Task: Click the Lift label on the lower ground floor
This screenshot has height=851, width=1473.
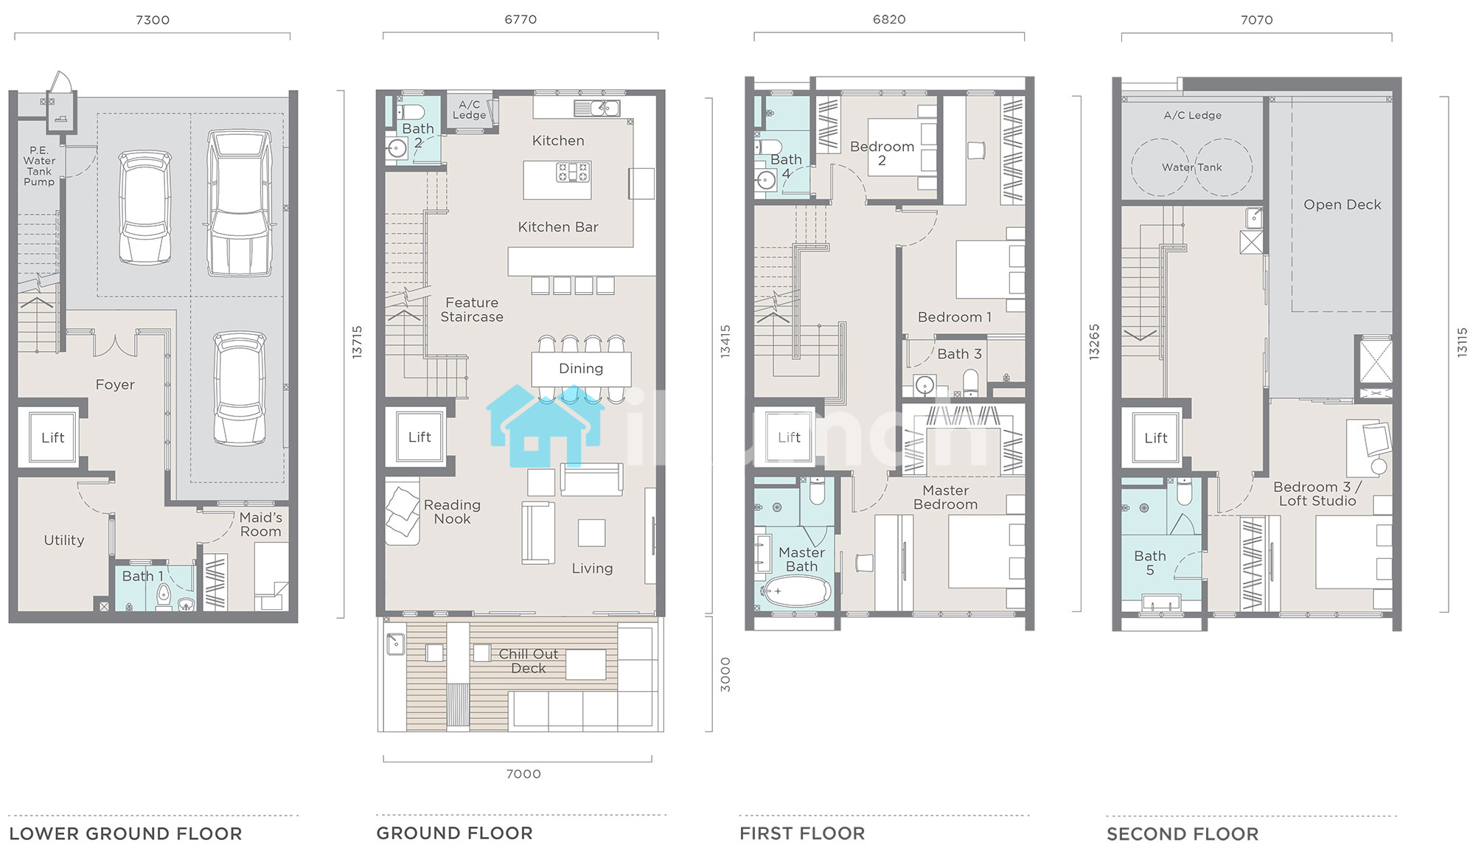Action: (x=53, y=437)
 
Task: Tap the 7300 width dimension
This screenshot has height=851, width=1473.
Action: (x=153, y=20)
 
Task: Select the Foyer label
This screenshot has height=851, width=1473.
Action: (x=115, y=384)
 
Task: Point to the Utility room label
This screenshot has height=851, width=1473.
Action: (x=64, y=540)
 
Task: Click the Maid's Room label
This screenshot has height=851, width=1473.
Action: (x=261, y=524)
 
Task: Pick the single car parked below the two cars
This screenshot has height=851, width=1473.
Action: (x=240, y=389)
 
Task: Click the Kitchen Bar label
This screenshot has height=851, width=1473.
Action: (x=558, y=227)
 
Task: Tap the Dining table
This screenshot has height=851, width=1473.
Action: (x=581, y=369)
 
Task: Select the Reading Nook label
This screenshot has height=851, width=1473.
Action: (x=452, y=512)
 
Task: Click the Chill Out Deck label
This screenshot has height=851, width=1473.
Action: (x=529, y=661)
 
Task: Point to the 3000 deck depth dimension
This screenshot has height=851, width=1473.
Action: (x=725, y=674)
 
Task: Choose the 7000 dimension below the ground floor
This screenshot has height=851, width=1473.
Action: (x=523, y=774)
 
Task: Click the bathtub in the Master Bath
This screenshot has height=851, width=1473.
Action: (x=796, y=591)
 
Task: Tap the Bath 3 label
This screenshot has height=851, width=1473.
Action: (x=959, y=354)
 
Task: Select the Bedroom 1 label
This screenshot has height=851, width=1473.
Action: (x=955, y=317)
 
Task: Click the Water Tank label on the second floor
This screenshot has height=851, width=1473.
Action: (x=1192, y=167)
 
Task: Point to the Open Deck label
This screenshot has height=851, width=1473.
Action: (x=1343, y=204)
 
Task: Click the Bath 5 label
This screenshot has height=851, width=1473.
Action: (x=1150, y=563)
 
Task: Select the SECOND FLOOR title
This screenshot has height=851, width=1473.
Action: (x=1183, y=834)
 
